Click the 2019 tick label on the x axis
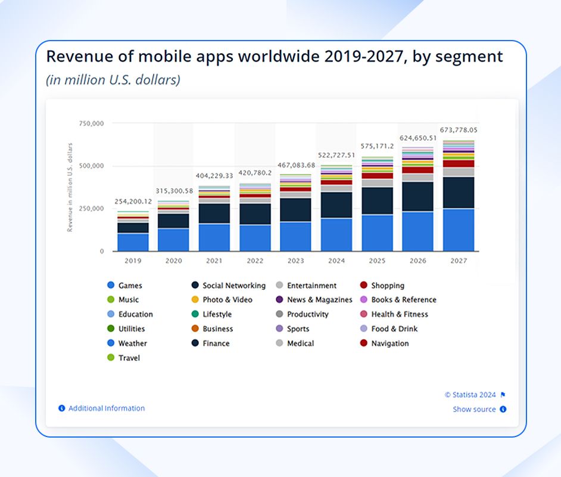coord(133,261)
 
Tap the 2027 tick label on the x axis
coord(459,261)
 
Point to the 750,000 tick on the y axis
coord(92,123)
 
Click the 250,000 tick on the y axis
coord(92,209)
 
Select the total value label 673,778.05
coord(459,129)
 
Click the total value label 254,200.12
coord(133,202)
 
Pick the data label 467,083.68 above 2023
coord(295,165)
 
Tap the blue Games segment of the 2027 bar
coord(459,230)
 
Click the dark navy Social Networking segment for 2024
coord(336,205)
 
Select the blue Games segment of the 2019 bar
coord(133,242)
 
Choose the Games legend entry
coord(130,286)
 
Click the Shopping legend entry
coord(388,286)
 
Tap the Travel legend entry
coord(129,358)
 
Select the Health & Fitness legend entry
coord(400,314)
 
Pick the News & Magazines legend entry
coord(319,300)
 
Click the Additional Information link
coord(106,408)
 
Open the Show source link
coord(474,409)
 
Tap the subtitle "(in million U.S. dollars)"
coord(113,79)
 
